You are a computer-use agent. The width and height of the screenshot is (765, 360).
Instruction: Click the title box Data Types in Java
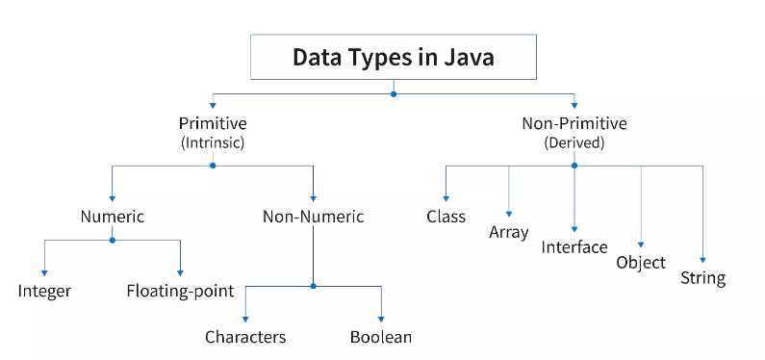click(393, 58)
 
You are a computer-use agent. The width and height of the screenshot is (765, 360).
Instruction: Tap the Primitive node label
click(213, 123)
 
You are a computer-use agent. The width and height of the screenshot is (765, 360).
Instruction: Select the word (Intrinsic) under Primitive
click(213, 142)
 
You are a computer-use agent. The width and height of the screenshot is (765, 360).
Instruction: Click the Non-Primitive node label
click(574, 123)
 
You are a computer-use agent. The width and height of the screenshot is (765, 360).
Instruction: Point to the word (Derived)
click(574, 142)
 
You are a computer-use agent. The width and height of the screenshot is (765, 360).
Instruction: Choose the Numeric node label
click(112, 217)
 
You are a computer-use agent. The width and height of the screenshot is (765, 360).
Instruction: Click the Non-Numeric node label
click(314, 217)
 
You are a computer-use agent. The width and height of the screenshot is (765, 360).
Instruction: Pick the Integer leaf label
click(44, 290)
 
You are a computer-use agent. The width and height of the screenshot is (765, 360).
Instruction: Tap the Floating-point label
click(180, 290)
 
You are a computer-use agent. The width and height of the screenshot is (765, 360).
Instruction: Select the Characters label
click(245, 337)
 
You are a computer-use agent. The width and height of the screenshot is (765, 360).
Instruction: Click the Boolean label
click(381, 337)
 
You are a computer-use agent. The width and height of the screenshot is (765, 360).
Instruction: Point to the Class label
click(446, 217)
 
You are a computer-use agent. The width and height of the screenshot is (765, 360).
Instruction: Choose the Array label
click(509, 232)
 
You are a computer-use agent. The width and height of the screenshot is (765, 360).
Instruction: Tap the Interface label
click(574, 247)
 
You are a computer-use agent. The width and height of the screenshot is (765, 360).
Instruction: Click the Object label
click(641, 262)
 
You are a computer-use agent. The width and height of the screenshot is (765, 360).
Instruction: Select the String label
click(702, 279)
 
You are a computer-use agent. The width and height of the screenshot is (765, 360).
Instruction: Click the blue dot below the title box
click(393, 94)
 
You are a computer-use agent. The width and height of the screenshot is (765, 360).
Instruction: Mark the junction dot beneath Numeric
click(112, 240)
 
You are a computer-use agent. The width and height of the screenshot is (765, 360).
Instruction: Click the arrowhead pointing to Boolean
click(381, 318)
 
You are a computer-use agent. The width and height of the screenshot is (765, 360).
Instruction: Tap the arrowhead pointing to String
click(702, 260)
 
